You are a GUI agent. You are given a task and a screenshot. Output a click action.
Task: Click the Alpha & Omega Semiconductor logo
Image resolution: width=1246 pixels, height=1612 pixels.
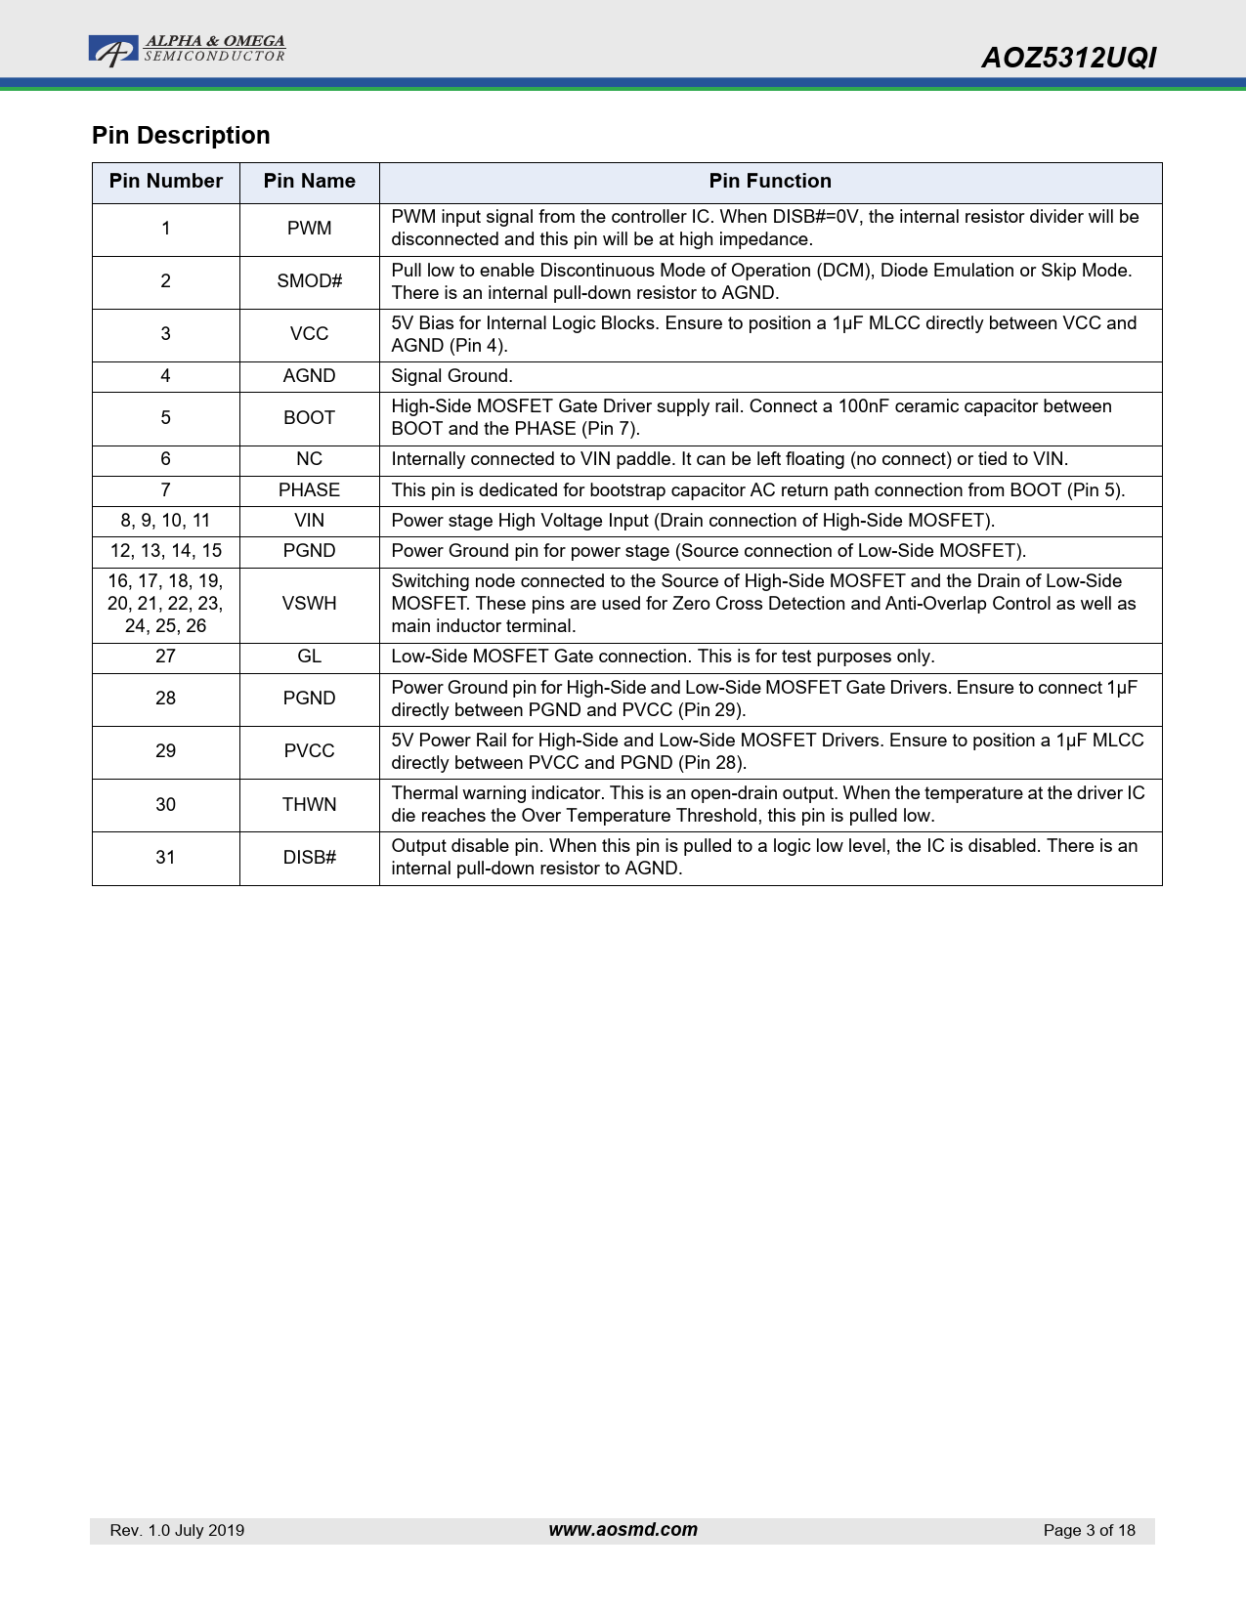point(187,50)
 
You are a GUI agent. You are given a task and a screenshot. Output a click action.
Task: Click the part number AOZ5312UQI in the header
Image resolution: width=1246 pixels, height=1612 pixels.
point(1068,59)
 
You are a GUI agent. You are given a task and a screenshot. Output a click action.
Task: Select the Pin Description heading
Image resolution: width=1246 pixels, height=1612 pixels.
point(181,136)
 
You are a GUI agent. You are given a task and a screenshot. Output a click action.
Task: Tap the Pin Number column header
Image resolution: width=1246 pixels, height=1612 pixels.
point(166,182)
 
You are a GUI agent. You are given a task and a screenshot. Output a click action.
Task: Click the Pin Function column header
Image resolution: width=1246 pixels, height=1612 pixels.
point(770,182)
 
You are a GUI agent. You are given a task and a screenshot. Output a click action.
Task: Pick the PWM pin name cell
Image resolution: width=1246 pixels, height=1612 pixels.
point(309,229)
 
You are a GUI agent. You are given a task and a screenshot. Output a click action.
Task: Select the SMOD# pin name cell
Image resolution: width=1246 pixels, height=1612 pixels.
point(309,281)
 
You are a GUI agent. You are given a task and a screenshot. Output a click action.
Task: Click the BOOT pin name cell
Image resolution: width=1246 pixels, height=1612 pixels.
point(309,418)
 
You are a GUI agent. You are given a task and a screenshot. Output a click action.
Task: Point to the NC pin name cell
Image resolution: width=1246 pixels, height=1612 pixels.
point(309,459)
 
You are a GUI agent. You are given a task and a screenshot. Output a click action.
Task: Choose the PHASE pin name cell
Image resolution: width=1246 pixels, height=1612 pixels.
point(309,490)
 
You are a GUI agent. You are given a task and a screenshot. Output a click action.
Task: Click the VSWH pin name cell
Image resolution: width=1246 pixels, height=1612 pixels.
point(309,604)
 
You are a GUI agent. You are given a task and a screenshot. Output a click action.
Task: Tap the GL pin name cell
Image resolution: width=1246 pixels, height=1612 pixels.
point(309,657)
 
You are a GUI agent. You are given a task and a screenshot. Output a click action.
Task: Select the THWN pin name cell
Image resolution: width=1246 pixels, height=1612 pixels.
point(309,805)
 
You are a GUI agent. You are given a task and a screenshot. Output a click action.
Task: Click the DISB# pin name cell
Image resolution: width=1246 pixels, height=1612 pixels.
point(309,858)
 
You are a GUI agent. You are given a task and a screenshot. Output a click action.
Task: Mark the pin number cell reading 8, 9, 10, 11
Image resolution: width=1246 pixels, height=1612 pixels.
point(166,521)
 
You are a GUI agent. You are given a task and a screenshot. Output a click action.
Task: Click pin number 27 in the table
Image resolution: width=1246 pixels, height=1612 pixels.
point(166,657)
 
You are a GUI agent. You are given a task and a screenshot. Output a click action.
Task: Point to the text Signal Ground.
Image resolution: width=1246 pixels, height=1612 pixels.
point(451,376)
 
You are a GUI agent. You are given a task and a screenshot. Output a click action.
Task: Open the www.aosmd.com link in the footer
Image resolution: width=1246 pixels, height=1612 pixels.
point(623,1530)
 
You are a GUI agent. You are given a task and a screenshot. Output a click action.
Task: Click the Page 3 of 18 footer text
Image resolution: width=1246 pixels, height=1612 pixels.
point(1089,1531)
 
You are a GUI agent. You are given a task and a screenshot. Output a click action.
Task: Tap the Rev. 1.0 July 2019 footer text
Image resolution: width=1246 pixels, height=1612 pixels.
point(177,1531)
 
